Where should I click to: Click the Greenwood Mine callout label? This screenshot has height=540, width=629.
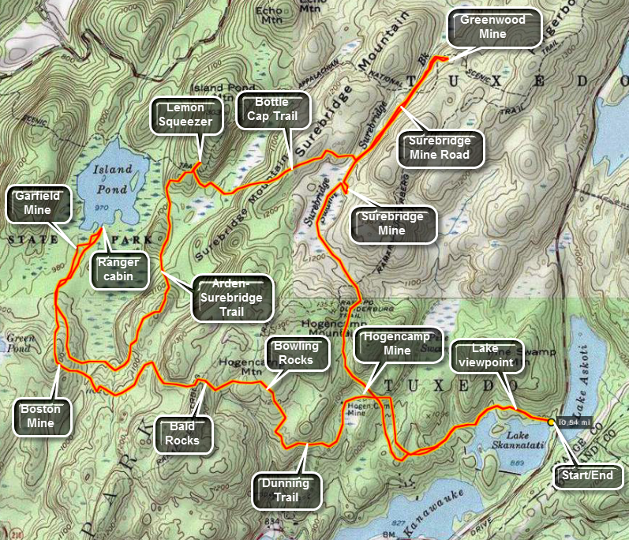click(492, 28)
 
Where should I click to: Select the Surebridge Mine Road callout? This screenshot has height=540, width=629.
click(440, 148)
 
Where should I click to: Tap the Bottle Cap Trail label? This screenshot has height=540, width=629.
click(271, 111)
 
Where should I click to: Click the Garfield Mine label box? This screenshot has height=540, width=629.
click(37, 203)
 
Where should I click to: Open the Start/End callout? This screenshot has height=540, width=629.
click(589, 477)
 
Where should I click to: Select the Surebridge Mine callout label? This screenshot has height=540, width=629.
click(392, 223)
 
